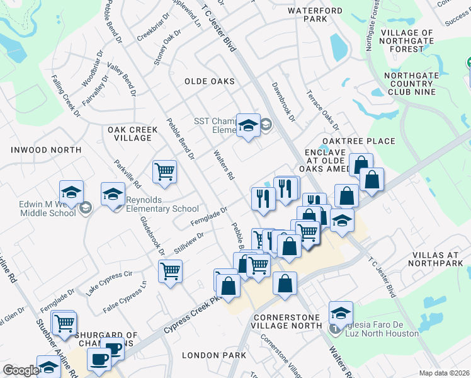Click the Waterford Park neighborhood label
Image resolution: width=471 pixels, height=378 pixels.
[315, 14]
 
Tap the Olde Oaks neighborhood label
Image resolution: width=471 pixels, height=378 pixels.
[210, 81]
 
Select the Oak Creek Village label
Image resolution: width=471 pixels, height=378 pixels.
[132, 134]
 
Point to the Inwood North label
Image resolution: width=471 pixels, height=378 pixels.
[46, 150]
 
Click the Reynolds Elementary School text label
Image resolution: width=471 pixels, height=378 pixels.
[163, 204]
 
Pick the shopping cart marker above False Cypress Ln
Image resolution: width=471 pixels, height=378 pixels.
[171, 272]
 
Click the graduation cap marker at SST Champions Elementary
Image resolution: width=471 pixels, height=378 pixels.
[248, 124]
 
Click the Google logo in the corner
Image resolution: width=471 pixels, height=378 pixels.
[21, 370]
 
